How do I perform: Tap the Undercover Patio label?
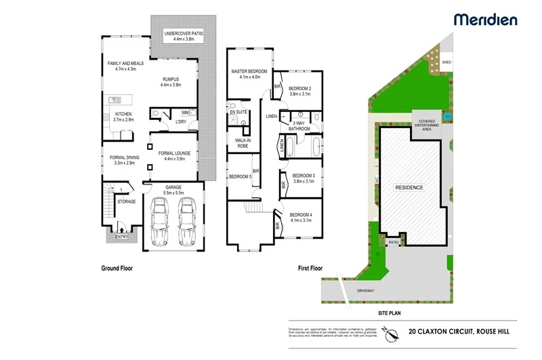[x=184, y=36]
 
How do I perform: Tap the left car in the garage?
[x=161, y=221]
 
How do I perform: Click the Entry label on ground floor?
[x=121, y=237]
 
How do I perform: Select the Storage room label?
[x=127, y=201]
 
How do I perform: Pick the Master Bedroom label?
[x=249, y=74]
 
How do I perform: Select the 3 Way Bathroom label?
[x=299, y=125]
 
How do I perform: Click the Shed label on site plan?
[x=446, y=62]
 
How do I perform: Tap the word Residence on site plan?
[x=409, y=187]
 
